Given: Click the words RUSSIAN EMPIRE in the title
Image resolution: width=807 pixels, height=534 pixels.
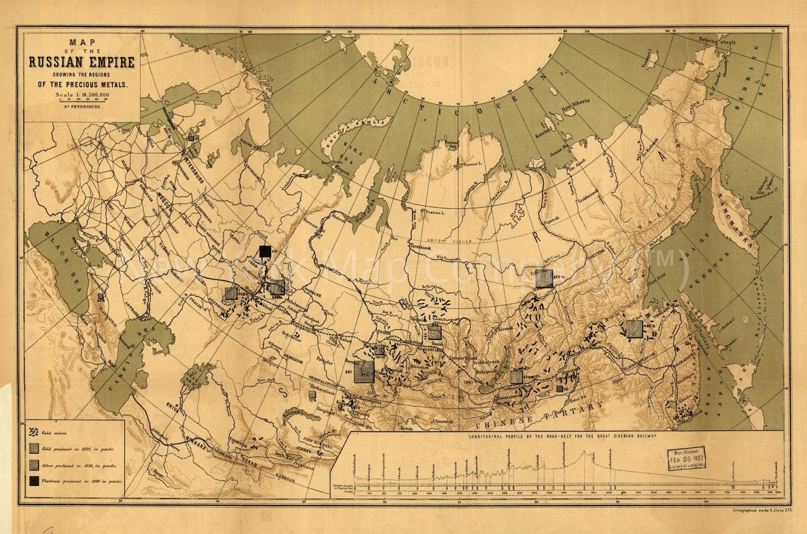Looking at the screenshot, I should pyautogui.click(x=81, y=62).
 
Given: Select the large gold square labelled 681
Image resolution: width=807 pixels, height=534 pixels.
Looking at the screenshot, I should pyautogui.click(x=364, y=371).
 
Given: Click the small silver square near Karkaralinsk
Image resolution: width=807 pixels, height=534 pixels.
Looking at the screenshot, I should pyautogui.click(x=312, y=394).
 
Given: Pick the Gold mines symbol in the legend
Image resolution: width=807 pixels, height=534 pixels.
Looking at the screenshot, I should pyautogui.click(x=34, y=432).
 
